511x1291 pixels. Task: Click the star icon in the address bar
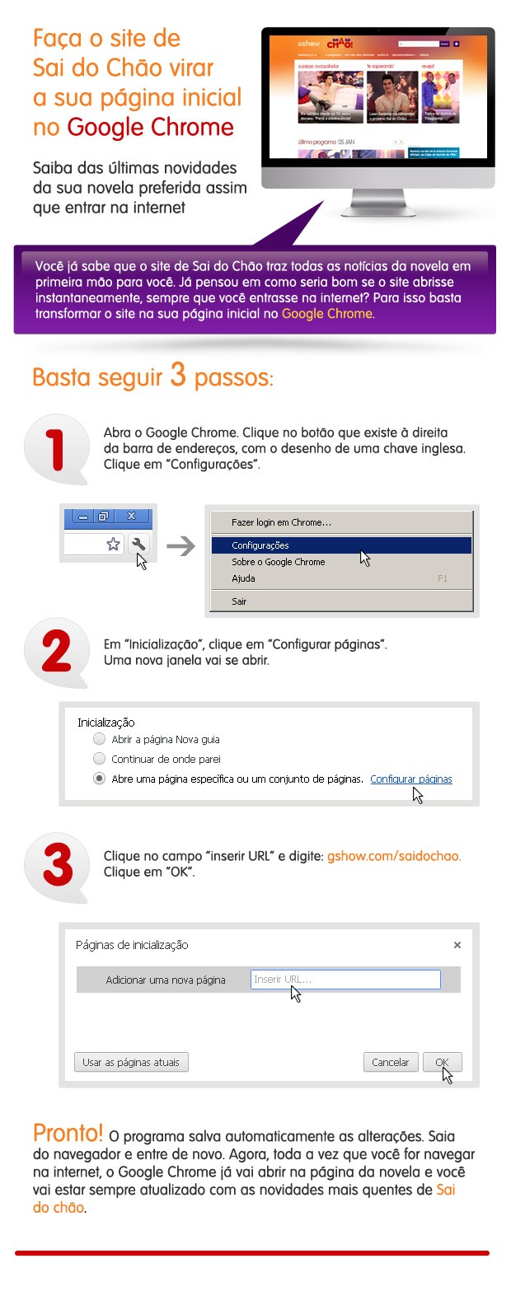(x=114, y=544)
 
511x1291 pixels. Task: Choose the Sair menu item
(x=239, y=601)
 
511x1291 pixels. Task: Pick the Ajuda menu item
(x=243, y=578)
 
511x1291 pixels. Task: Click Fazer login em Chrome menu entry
(x=281, y=522)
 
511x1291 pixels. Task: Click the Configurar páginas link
(x=410, y=779)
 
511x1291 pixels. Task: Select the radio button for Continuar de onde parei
(x=100, y=759)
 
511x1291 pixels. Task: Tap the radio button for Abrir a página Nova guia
(x=100, y=739)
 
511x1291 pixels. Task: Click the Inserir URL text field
(x=345, y=980)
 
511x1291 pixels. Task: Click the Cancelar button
(x=391, y=1062)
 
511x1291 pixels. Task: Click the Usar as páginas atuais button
(x=131, y=1062)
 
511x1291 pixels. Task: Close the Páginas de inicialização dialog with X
(x=457, y=945)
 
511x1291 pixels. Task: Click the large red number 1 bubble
(x=56, y=450)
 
